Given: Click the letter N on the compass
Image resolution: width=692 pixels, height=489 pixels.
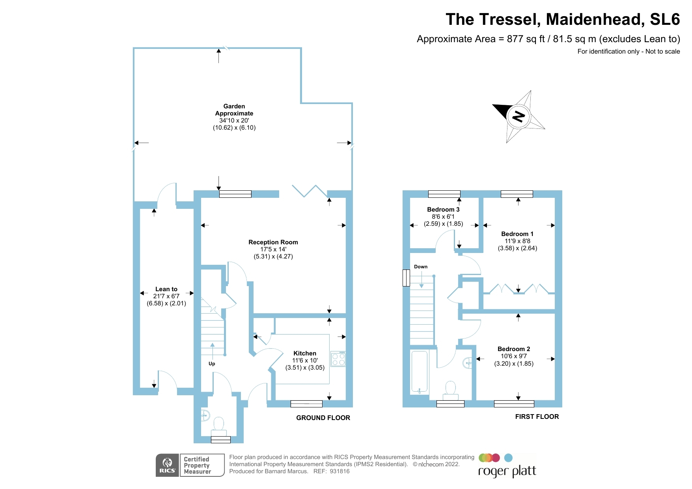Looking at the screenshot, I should tap(518, 116).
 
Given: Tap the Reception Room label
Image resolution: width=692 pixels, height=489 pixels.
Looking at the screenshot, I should tap(273, 242).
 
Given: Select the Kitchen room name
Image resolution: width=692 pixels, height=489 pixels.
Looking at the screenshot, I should tap(305, 353).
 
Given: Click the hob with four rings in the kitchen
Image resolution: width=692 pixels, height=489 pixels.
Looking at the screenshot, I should tap(338, 359).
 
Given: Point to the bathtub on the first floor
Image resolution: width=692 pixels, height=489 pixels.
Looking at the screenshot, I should tap(419, 372).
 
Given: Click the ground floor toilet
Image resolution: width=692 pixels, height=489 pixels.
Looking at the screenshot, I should tap(218, 426).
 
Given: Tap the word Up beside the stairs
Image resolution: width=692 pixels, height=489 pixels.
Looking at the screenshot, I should tap(212, 364).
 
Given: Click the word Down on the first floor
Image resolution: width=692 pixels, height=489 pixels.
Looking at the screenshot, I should tap(421, 267).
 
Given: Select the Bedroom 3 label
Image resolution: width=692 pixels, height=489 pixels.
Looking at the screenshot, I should tap(443, 210).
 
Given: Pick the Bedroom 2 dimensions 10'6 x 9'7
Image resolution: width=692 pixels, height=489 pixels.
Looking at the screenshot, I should tap(514, 356).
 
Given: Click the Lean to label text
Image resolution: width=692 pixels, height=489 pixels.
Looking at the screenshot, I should tap(166, 289).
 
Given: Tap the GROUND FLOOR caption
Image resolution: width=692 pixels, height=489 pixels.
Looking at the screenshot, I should tap(323, 418).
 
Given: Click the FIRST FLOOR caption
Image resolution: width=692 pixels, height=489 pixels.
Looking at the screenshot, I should tap(537, 416).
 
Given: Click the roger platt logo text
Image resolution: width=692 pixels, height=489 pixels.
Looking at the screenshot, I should tap(507, 471).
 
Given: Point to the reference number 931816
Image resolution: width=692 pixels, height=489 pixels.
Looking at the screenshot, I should tap(339, 471).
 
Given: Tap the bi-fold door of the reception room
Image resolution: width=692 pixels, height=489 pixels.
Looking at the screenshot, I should tap(310, 191).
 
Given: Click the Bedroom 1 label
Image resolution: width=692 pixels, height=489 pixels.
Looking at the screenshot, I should tap(517, 234).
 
